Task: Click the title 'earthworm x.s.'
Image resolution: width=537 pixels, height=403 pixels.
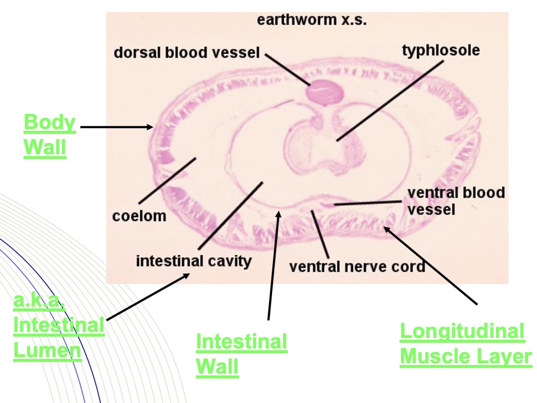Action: [x=312, y=20]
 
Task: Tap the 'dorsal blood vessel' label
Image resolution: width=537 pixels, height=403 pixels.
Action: [x=187, y=53]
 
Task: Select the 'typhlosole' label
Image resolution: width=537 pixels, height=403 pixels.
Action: [x=441, y=51]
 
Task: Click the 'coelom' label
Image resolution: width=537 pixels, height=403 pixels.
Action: [x=139, y=216]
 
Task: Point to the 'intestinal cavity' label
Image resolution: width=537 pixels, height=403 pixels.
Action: [x=194, y=261]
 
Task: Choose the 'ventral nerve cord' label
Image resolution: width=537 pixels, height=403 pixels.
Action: [x=357, y=266]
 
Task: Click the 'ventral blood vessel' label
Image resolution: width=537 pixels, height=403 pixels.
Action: [x=456, y=201]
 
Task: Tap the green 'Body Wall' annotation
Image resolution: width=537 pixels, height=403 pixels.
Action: [x=50, y=136]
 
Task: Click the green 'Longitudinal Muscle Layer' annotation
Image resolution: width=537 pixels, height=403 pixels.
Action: [x=466, y=344]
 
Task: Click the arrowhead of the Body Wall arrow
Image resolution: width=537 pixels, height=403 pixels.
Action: [x=150, y=127]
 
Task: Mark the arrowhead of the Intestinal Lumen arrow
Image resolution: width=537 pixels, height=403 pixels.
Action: [x=186, y=276]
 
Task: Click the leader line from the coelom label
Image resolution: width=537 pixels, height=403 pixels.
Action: [x=167, y=180]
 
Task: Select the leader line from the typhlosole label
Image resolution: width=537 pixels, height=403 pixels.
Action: [x=390, y=101]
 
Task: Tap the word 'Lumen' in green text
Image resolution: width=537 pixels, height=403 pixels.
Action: [x=47, y=350]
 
